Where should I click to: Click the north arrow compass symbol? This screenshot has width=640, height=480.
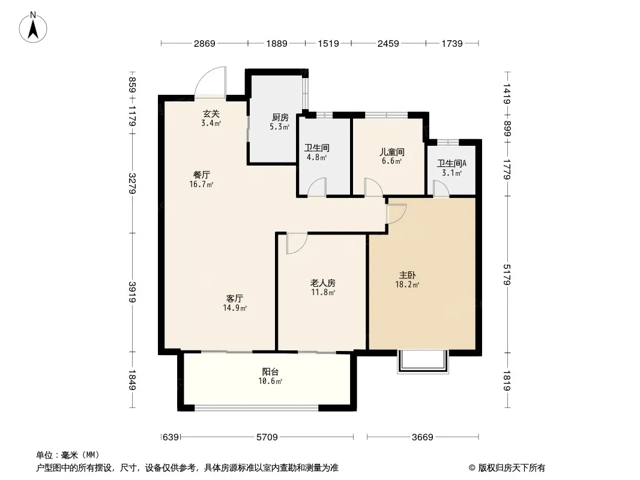[x=33, y=28]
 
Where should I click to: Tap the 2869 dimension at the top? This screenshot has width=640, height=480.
[x=205, y=43]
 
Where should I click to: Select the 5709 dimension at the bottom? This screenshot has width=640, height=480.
[x=267, y=437]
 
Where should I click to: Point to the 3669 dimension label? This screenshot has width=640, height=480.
[x=423, y=437]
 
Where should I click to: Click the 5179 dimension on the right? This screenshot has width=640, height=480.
[x=507, y=274]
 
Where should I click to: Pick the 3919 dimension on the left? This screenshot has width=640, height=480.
[x=132, y=292]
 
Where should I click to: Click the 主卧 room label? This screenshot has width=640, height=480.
[x=407, y=275]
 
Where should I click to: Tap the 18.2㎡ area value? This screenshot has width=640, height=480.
[x=407, y=284]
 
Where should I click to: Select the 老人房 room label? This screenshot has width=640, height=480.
[x=323, y=283]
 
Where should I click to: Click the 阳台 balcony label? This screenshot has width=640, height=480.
[x=270, y=371]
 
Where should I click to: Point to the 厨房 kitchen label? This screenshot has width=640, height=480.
[x=280, y=118]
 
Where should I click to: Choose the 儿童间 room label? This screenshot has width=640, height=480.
[x=392, y=152]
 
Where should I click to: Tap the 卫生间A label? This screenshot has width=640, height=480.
[x=452, y=164]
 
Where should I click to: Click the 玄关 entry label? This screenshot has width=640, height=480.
[x=211, y=114]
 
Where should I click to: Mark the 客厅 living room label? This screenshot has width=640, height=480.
[x=235, y=298]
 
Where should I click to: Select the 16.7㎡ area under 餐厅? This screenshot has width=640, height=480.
[x=201, y=184]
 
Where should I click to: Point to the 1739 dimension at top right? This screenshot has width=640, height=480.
[x=452, y=43]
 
